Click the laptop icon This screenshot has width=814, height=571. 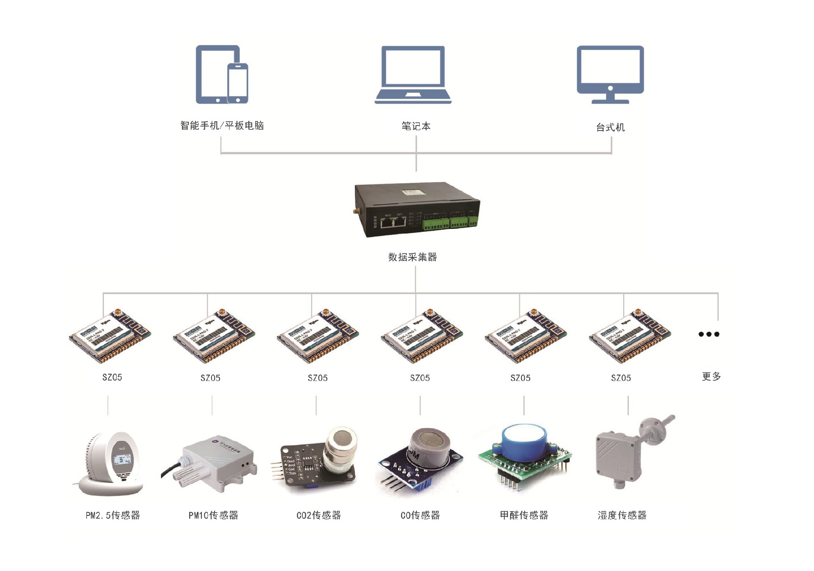click(x=413, y=75)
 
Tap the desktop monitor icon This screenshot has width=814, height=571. click(x=610, y=74)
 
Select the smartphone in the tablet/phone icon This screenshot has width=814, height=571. click(x=237, y=84)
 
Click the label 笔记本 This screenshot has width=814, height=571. click(x=416, y=126)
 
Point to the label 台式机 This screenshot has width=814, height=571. click(x=610, y=127)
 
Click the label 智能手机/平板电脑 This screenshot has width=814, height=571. click(x=222, y=125)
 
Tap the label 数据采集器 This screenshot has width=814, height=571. click(x=413, y=257)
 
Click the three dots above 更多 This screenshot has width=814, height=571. click(x=709, y=334)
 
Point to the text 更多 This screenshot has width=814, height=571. click(x=711, y=376)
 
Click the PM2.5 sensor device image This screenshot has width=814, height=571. click(x=112, y=464)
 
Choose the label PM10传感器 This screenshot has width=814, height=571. click(x=213, y=515)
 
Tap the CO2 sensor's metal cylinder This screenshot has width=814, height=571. click(x=340, y=449)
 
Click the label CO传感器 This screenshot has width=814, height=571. click(x=420, y=515)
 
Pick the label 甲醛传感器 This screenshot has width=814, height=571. click(x=524, y=515)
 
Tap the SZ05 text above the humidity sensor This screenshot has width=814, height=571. click(x=621, y=378)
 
